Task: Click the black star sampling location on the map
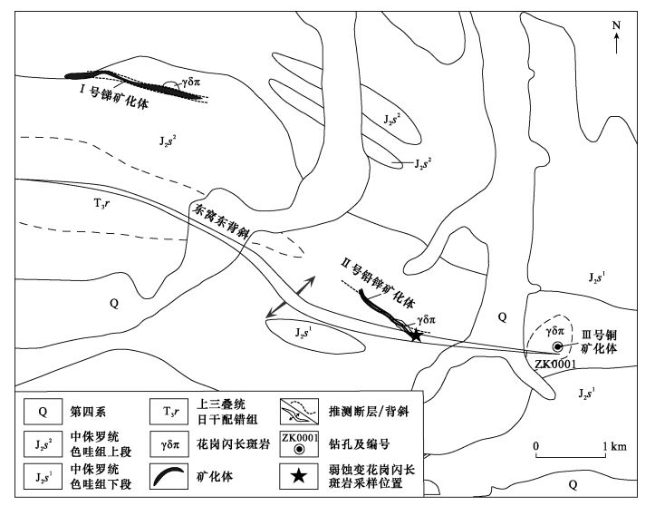coord(416,336)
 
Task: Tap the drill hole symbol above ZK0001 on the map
coord(559,347)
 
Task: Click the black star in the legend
coord(296,477)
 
